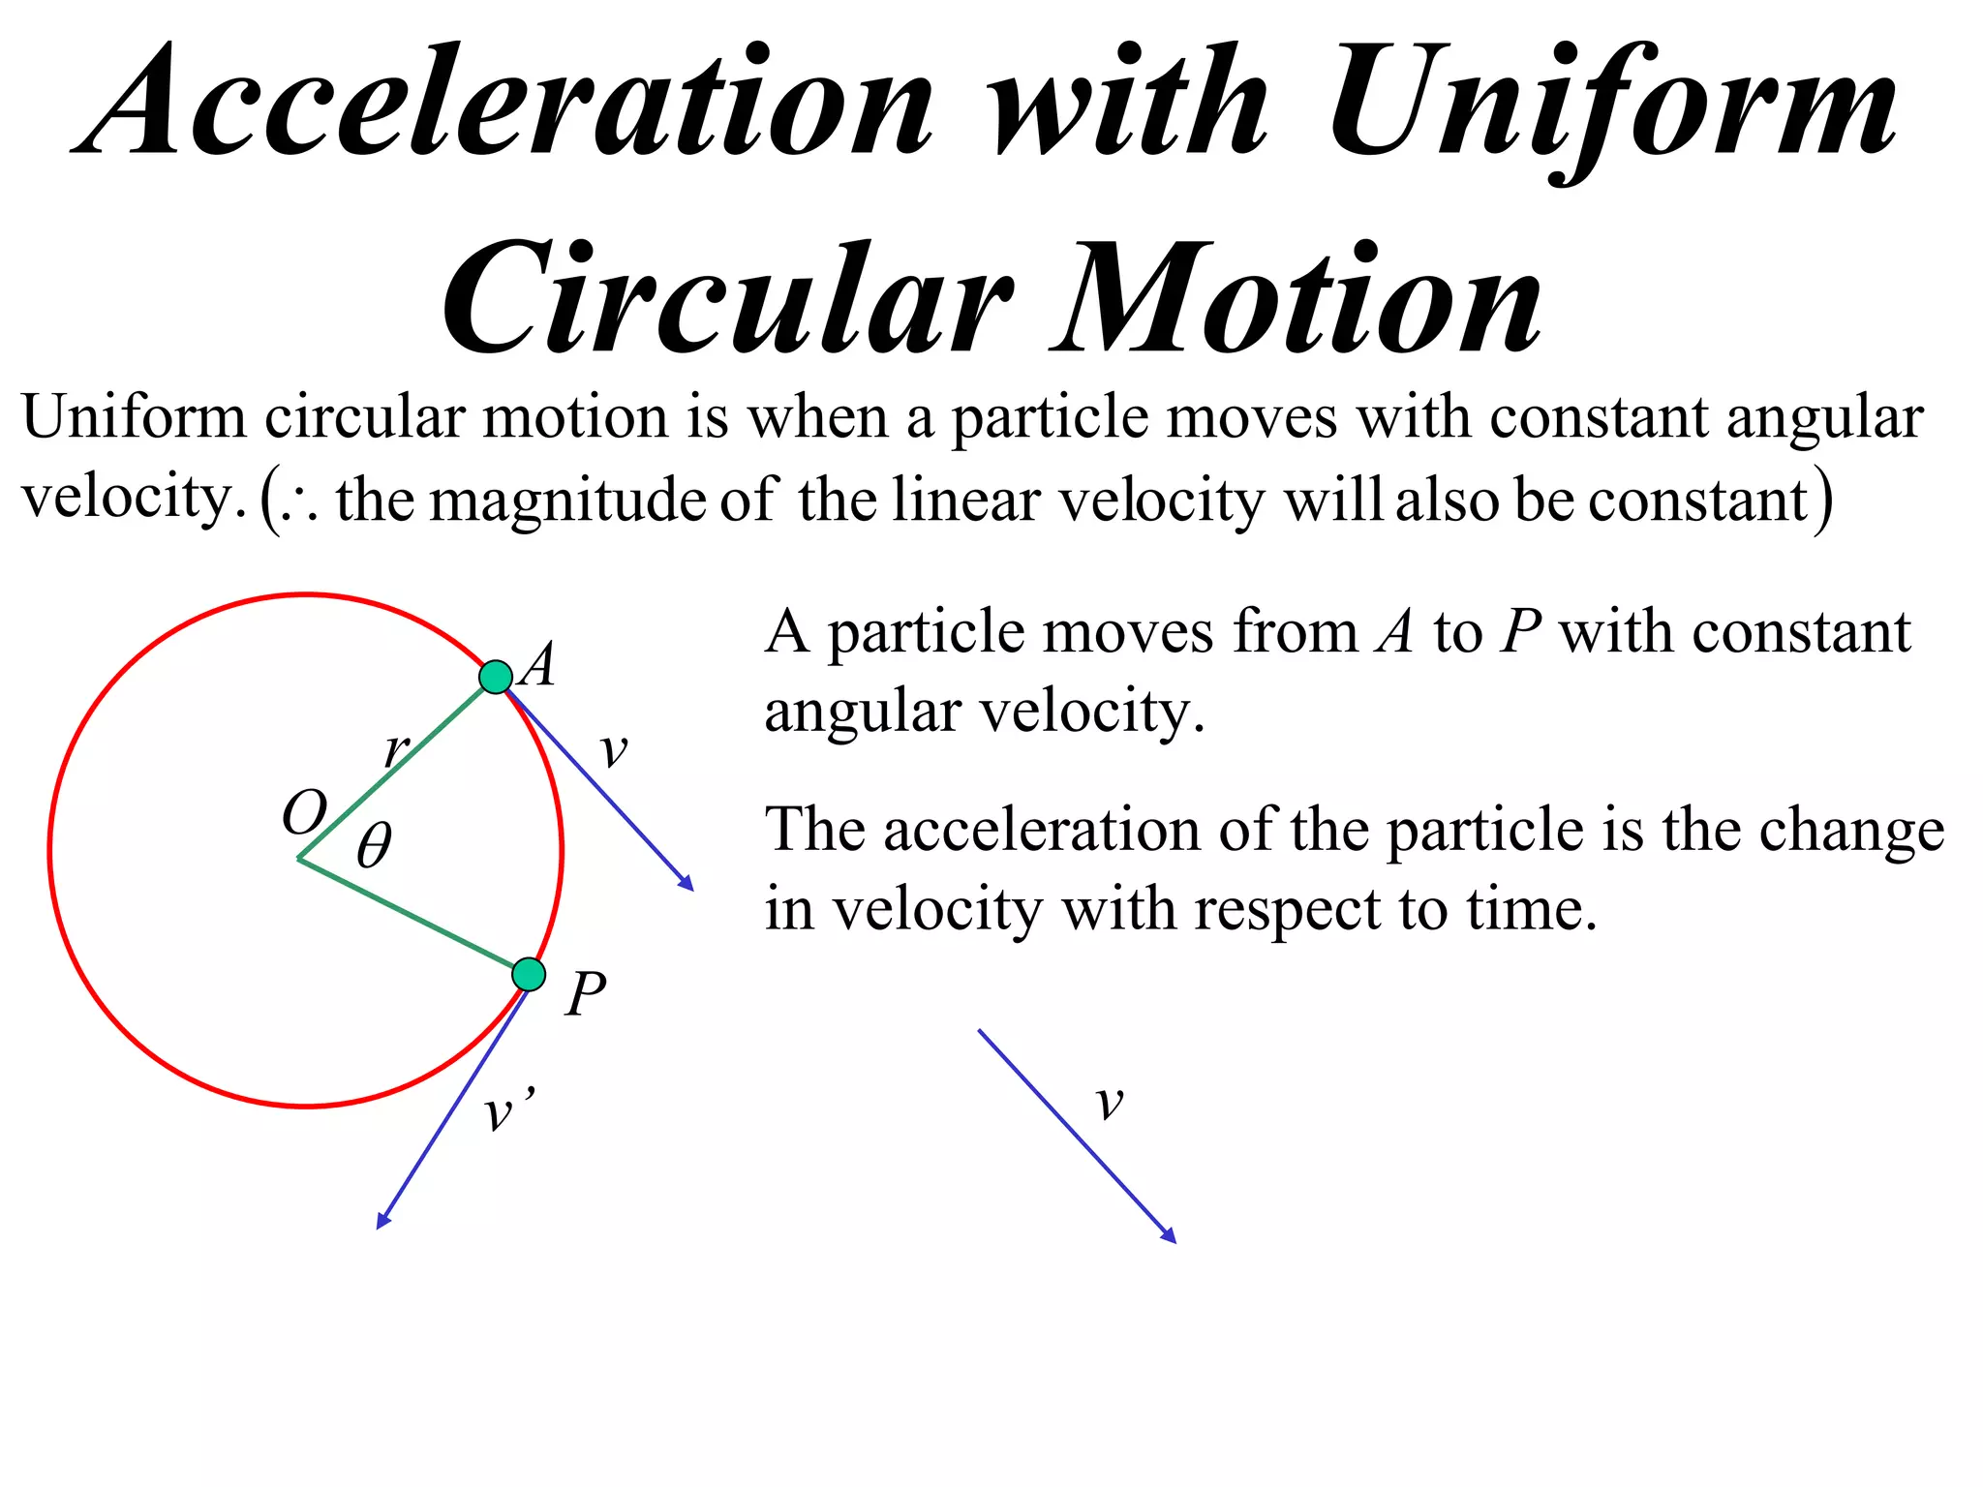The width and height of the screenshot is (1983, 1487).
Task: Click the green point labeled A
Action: [496, 677]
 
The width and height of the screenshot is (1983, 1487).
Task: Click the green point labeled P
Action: [529, 974]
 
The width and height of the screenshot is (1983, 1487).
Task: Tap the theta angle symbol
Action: [374, 845]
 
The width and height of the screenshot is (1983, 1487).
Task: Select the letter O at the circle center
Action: [304, 811]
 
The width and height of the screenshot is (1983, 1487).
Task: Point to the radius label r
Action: [396, 748]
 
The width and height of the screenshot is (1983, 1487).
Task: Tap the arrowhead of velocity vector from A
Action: [687, 884]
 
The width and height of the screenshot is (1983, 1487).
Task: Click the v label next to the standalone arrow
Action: [1110, 1102]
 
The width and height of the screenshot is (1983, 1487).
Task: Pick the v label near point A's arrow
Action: [613, 749]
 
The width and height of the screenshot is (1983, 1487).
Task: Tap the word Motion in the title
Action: [1297, 300]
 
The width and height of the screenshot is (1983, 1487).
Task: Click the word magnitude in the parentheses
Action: [568, 501]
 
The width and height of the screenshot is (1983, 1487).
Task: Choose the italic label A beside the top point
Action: [538, 665]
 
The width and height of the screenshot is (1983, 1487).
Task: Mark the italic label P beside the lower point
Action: [586, 994]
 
